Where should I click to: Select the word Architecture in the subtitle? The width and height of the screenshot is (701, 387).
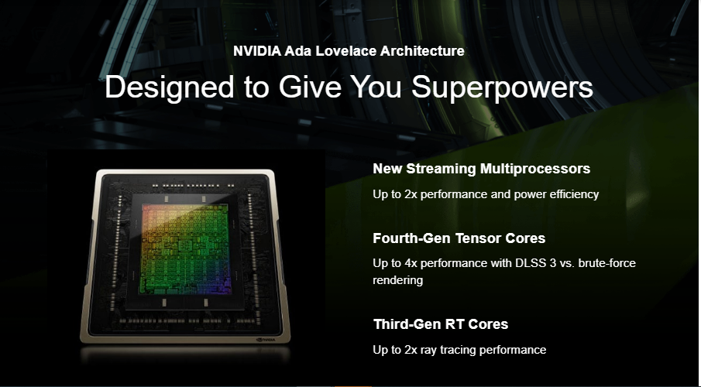[x=422, y=51]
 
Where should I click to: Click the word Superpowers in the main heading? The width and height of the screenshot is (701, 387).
[x=502, y=88]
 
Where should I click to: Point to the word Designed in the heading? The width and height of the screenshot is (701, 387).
[x=170, y=88]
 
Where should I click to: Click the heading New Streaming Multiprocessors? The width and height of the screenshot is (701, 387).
[x=482, y=169]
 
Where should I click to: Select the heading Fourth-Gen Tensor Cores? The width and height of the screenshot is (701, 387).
[x=459, y=238]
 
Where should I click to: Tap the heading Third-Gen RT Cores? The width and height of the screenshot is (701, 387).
[x=441, y=324]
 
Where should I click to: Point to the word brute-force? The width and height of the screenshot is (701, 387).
[x=607, y=262]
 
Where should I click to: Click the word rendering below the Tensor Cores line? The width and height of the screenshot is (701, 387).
[x=398, y=280]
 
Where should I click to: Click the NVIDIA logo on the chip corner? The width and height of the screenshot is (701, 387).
[x=266, y=340]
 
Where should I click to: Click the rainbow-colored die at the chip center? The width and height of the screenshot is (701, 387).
[x=185, y=249]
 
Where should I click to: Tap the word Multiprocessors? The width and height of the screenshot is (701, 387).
[x=535, y=169]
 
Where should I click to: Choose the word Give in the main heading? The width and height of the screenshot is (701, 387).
[x=311, y=87]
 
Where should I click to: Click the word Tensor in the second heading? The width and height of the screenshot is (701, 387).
[x=477, y=238]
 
